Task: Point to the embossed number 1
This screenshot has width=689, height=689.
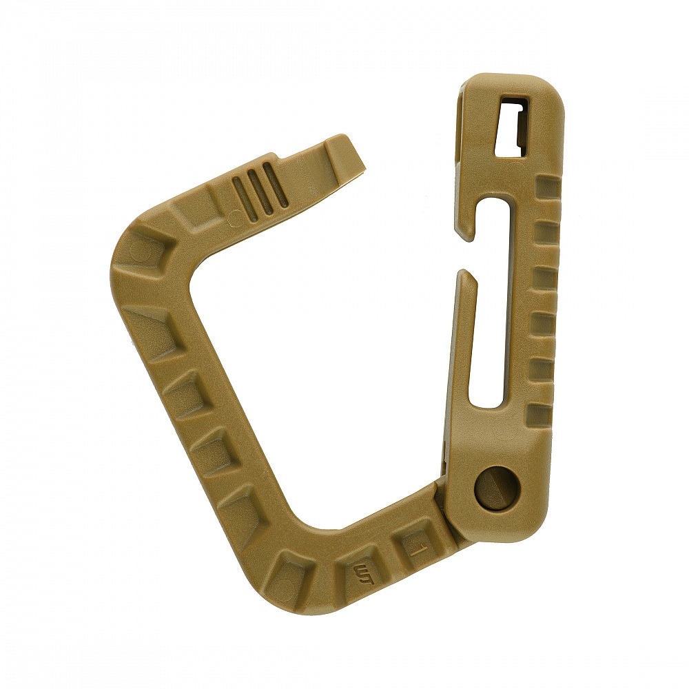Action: point(414,550)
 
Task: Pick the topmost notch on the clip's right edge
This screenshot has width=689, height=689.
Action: point(548,187)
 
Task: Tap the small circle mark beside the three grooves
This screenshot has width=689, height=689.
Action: point(235,217)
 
